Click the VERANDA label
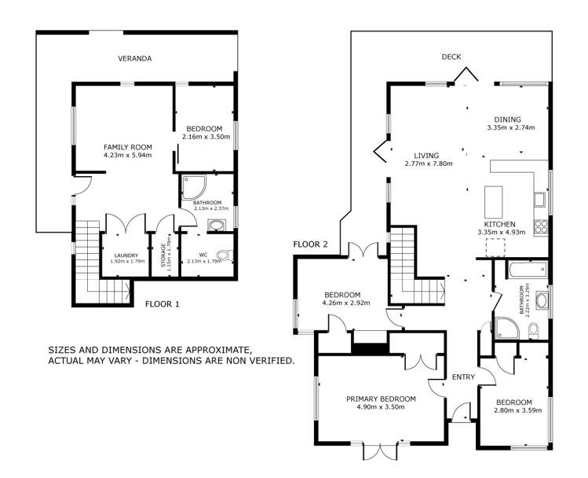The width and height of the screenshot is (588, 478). coord(134,59)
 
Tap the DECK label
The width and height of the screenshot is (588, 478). coord(451,57)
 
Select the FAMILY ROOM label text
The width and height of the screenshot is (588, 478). coord(127,147)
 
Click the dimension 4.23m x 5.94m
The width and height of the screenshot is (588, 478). coord(127,156)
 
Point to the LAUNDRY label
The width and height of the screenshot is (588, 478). coord(126,255)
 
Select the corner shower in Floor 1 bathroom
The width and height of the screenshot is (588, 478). coord(191,186)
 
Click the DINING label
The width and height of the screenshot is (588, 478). coord(509,119)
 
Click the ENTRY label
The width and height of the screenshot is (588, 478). coord(463,377)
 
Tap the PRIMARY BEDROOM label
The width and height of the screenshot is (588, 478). coord(381,399)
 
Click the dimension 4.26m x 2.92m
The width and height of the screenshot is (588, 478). coord(341,303)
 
